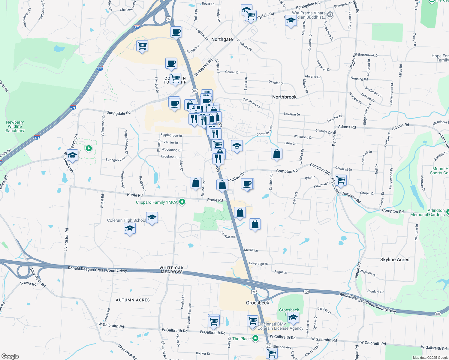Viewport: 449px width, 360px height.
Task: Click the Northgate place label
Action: click(x=222, y=39)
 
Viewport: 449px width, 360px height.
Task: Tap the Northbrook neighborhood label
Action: click(x=284, y=97)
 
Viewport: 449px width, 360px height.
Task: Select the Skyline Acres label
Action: click(x=395, y=259)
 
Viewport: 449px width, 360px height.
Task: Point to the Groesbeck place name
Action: click(x=258, y=303)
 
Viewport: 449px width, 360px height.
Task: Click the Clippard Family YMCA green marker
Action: click(x=182, y=202)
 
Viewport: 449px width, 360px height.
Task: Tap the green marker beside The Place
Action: click(x=255, y=338)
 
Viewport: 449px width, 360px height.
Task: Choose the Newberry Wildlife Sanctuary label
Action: click(x=15, y=126)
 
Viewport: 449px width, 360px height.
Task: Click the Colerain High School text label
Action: click(x=126, y=220)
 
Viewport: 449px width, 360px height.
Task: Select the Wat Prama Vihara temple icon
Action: click(x=330, y=14)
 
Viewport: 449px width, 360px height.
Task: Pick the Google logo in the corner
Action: click(x=10, y=356)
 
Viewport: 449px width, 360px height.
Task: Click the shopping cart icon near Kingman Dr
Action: click(x=341, y=180)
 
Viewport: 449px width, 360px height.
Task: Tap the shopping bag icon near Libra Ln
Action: click(x=276, y=154)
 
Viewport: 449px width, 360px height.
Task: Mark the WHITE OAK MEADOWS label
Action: click(x=172, y=270)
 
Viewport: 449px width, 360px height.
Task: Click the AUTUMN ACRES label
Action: click(x=133, y=300)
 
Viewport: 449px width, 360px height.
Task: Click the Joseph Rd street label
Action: click(x=228, y=235)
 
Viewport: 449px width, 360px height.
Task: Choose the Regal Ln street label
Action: click(x=281, y=272)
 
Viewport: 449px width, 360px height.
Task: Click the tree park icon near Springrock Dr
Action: click(x=89, y=148)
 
